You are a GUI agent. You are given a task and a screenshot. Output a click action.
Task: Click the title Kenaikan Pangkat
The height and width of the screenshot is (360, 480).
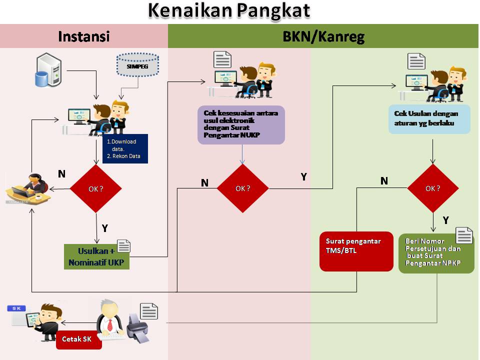pos(228,11)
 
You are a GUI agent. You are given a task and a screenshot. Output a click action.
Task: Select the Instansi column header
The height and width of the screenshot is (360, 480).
pos(83,36)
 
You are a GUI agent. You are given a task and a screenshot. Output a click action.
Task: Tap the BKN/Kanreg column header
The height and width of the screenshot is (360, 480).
pos(323,36)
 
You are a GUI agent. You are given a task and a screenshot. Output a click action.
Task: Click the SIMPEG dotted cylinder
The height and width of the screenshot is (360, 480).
pos(136,65)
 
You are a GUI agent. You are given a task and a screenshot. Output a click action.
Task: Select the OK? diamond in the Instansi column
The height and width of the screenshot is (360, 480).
pos(96,188)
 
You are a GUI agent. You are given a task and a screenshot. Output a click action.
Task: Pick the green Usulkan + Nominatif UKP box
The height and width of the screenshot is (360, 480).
pos(96,256)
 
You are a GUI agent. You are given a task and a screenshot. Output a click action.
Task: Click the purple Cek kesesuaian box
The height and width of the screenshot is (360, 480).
pos(241,125)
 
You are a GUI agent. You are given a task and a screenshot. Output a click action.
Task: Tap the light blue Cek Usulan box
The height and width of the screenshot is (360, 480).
pos(429,119)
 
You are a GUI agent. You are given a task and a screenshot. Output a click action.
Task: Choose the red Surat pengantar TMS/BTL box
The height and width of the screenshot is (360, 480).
pos(356,251)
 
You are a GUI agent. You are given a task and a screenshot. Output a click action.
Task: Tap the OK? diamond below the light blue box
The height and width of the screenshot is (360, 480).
pos(432,188)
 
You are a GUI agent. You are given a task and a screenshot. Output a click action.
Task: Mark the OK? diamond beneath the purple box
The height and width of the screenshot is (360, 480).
pos(242,188)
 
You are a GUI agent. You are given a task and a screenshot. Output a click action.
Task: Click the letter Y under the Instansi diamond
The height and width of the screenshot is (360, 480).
pos(105,228)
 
